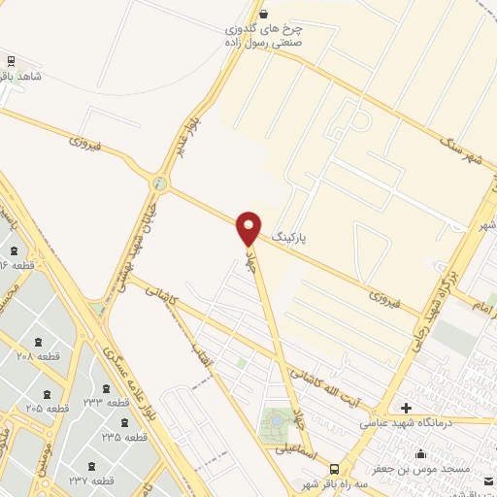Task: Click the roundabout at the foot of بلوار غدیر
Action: click(160, 183)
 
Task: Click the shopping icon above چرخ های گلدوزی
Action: click(265, 14)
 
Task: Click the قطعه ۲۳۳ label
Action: click(107, 402)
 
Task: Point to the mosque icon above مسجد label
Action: click(420, 452)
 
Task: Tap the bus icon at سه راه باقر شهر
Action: click(334, 466)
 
